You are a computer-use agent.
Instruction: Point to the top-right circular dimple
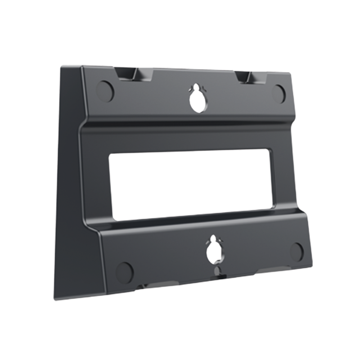279,92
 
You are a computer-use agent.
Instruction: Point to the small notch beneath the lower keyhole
217,271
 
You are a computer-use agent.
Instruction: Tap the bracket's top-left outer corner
61,66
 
